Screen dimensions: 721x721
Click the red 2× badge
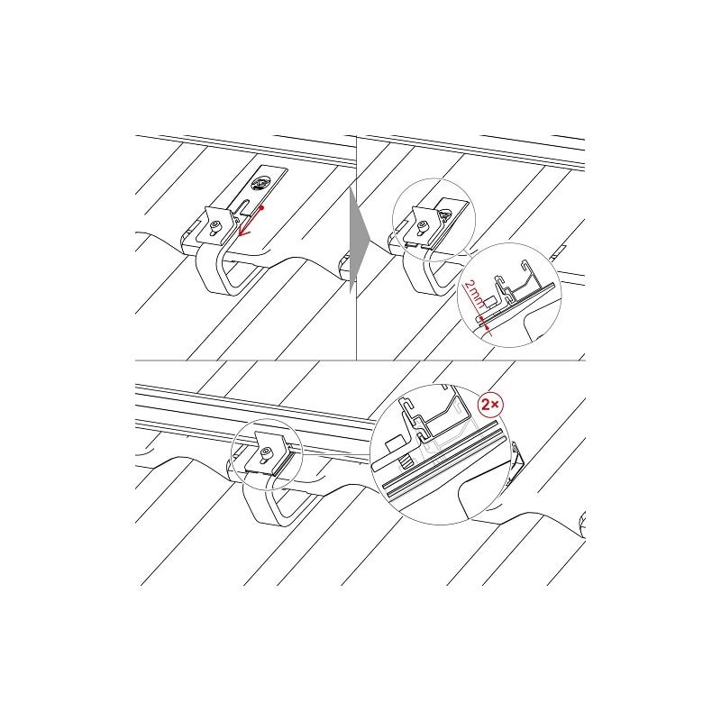491,404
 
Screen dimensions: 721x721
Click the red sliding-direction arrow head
243,232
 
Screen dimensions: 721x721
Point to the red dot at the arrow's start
261,207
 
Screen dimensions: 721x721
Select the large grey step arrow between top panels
359,238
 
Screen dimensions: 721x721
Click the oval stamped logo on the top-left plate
259,184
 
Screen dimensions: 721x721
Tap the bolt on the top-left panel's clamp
214,227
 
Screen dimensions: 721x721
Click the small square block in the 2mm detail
490,303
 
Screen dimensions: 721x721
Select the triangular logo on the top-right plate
444,215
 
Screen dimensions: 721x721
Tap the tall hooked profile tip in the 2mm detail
525,265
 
